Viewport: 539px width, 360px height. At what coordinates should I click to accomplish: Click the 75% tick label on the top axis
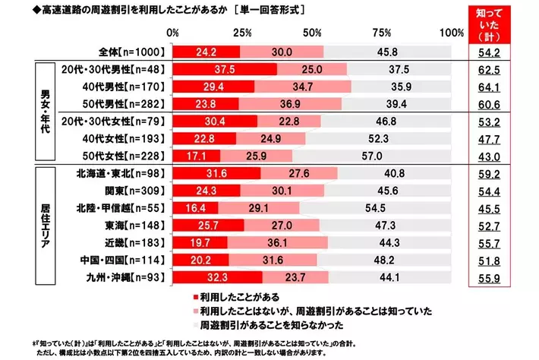tap(381, 33)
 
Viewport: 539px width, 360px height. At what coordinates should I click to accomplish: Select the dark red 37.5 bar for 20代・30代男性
tap(225, 70)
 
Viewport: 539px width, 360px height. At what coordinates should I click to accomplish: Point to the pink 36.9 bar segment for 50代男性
tap(290, 104)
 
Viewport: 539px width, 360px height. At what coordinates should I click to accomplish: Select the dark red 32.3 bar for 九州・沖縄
tap(217, 276)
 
